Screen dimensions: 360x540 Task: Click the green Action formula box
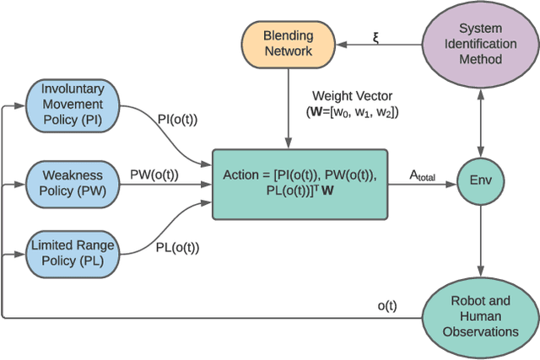[x=300, y=183]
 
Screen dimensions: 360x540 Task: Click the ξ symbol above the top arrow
[x=377, y=37]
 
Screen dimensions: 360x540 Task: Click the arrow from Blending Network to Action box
[x=289, y=110]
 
